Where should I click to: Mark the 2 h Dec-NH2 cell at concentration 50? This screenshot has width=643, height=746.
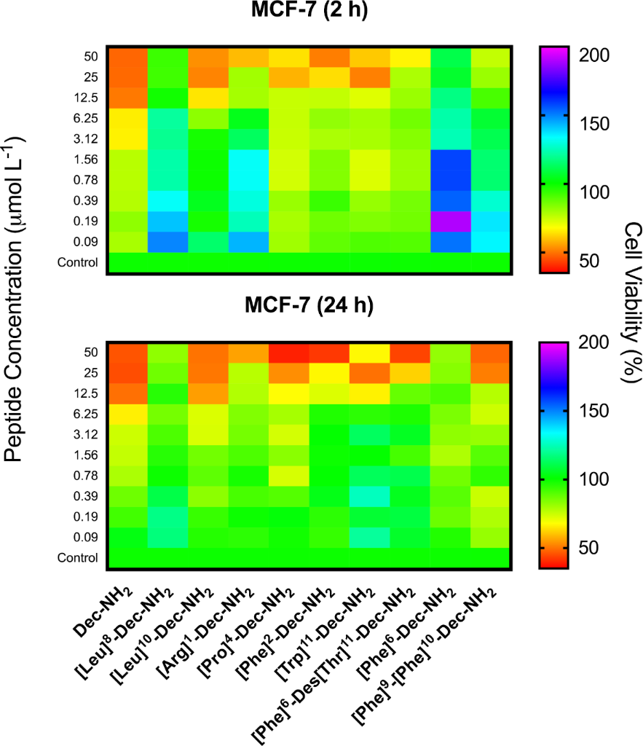click(128, 56)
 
